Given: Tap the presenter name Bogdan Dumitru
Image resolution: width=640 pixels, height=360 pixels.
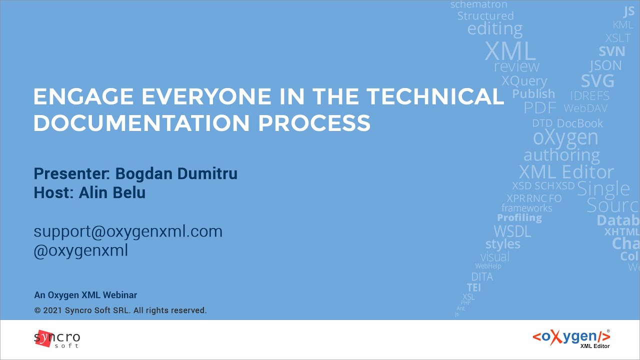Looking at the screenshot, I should coord(176,173).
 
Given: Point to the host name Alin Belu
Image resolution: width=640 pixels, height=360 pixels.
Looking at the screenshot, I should coord(112,192).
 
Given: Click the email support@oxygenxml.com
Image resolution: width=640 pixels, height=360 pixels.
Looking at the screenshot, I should coord(128,231).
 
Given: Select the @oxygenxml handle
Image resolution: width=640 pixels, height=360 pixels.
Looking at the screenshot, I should coord(81,250).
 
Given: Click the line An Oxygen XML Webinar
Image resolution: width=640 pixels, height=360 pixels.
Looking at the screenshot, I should coord(85,295).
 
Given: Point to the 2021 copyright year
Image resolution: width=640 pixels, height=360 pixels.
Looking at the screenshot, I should coord(52,310).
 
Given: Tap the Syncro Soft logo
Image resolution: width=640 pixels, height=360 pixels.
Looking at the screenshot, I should coord(57,338).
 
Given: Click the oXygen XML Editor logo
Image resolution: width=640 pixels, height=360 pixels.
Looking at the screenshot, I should coord(571,338).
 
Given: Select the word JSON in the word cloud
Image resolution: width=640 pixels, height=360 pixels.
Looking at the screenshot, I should coord(605,65).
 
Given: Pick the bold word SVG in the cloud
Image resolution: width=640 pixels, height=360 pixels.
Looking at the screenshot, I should coord(597,81).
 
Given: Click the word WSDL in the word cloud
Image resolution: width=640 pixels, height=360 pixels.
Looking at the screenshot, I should coord(512,231).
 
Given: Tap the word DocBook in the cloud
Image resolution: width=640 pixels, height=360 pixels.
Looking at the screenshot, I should coord(579,123).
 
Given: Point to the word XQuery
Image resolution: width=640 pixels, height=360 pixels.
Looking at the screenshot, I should coord(524,81).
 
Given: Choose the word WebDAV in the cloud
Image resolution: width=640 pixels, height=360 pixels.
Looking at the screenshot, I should coord(586,108).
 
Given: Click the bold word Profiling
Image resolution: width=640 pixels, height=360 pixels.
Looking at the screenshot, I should coord(519,218).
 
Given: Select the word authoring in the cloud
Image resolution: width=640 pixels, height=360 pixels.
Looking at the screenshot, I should coord(561,155).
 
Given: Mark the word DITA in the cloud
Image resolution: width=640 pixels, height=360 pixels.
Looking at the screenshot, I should coord(482,276).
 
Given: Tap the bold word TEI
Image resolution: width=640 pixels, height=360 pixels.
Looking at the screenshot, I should coord(473,287).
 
